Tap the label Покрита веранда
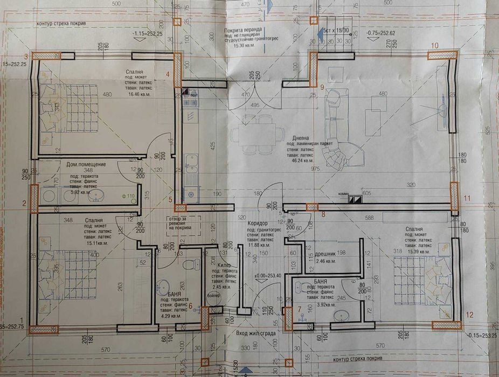(x=244, y=32)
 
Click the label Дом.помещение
(x=86, y=164)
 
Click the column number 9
(x=322, y=87)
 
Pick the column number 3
(x=25, y=57)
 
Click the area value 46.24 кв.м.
(x=301, y=160)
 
